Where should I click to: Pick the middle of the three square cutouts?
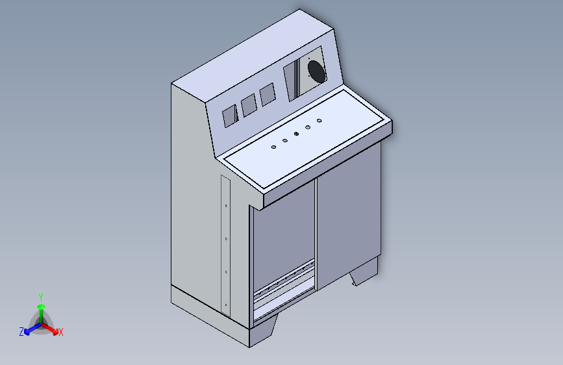pyautogui.click(x=248, y=105)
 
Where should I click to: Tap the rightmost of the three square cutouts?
pyautogui.click(x=267, y=95)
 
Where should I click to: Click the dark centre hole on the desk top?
pyautogui.click(x=296, y=134)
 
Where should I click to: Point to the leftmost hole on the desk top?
pyautogui.click(x=273, y=147)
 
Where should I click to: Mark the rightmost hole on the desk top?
pyautogui.click(x=319, y=121)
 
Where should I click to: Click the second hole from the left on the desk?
pyautogui.click(x=285, y=140)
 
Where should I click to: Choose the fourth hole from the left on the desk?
pyautogui.click(x=308, y=127)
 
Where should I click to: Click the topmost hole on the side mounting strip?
pyautogui.click(x=225, y=206)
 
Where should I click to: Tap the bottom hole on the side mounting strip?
pyautogui.click(x=226, y=304)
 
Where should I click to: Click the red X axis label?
pyautogui.click(x=61, y=333)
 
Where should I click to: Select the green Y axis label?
pyautogui.click(x=41, y=296)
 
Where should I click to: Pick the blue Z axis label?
pyautogui.click(x=21, y=332)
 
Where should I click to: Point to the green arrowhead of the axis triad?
pyautogui.click(x=41, y=306)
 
